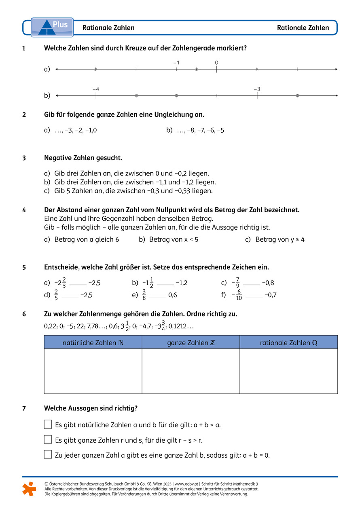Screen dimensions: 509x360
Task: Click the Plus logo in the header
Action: [52, 27]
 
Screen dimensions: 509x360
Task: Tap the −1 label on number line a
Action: [176, 63]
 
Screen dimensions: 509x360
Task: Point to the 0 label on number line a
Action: [216, 63]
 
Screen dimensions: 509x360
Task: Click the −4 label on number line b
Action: [95, 89]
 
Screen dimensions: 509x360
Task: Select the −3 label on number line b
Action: [257, 89]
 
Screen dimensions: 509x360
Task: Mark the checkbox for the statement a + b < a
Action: [48, 424]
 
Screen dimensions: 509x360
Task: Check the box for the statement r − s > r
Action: [48, 439]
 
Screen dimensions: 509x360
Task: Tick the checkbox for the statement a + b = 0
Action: [48, 454]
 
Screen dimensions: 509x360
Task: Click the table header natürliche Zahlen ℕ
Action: [93, 343]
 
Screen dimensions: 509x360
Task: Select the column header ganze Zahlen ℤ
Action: [191, 343]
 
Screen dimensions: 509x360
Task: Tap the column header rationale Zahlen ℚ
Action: [288, 343]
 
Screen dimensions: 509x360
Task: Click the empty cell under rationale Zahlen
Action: [288, 371]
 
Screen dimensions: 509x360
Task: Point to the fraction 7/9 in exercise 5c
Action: [238, 283]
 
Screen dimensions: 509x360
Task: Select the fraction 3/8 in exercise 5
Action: [144, 295]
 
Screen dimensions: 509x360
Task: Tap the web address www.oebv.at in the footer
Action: [187, 484]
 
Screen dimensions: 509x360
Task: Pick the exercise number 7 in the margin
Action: [24, 408]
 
